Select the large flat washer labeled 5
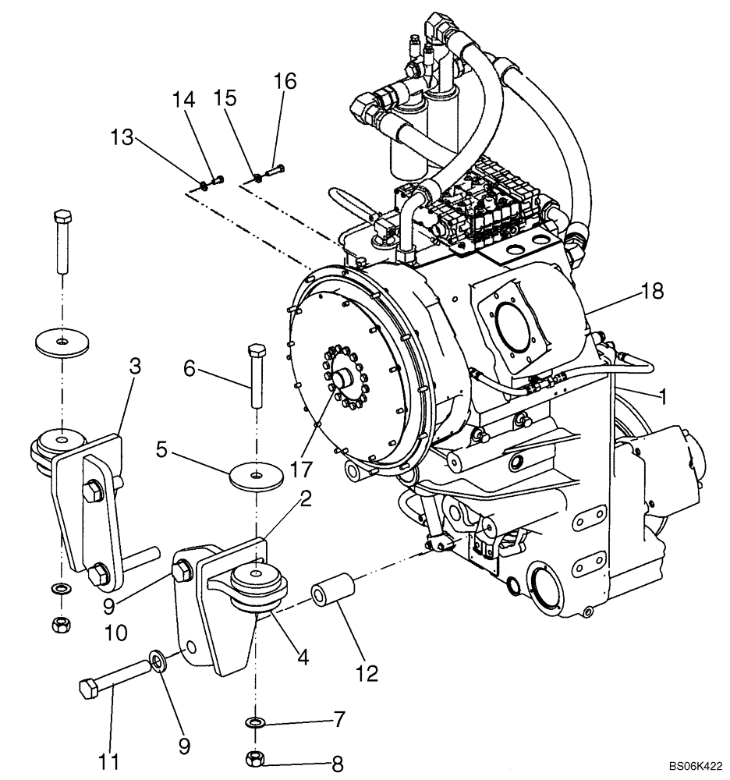(254, 475)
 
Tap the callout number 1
(661, 397)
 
